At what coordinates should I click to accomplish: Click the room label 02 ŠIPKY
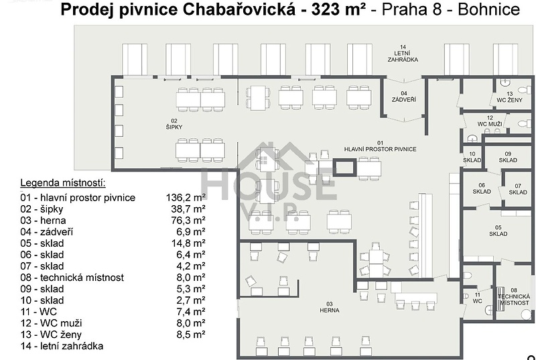click(174, 124)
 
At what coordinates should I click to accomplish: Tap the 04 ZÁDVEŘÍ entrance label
click(404, 97)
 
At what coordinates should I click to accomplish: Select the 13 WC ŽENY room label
click(510, 97)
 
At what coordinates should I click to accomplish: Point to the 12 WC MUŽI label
click(490, 121)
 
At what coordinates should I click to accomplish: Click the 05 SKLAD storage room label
click(498, 231)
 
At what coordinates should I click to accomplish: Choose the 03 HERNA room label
click(330, 307)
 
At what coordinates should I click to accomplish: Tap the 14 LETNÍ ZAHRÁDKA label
click(403, 54)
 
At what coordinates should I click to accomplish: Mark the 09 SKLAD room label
click(508, 157)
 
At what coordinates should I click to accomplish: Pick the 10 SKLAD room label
click(472, 157)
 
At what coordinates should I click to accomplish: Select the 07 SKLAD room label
click(518, 189)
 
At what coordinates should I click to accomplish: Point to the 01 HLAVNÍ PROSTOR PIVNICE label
click(380, 146)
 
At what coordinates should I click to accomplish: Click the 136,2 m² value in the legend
click(186, 197)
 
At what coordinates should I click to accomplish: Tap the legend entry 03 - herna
click(43, 220)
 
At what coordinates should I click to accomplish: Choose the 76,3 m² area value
click(188, 220)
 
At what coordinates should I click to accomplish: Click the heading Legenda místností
click(63, 183)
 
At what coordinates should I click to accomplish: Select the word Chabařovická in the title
click(239, 10)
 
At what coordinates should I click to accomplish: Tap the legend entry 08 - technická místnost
click(72, 278)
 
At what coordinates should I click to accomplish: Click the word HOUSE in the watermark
click(269, 185)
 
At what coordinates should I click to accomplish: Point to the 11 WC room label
click(478, 298)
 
